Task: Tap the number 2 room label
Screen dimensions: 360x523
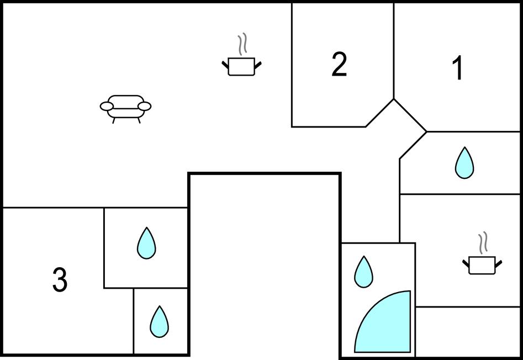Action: pos(339,65)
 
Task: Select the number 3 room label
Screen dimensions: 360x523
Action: pos(60,279)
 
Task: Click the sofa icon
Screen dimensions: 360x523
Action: pos(125,107)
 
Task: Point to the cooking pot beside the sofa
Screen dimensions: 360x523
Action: pos(241,66)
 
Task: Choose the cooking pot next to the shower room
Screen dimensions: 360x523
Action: pos(482,265)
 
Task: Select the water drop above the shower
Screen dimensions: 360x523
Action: pos(363,272)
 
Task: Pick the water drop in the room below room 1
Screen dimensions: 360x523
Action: pos(464,163)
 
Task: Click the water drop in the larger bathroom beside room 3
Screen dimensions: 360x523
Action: pos(146,243)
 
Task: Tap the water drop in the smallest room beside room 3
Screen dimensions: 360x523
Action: pos(159,322)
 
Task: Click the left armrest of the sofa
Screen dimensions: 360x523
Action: pos(107,105)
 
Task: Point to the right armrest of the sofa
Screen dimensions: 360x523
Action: pos(144,105)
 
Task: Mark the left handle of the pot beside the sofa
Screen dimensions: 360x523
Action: pos(225,66)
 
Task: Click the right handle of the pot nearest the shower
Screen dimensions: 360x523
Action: pos(499,264)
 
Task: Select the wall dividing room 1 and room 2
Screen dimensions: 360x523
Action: pos(394,50)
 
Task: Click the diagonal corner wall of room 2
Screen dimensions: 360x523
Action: pos(380,113)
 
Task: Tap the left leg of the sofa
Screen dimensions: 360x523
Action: pos(114,120)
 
